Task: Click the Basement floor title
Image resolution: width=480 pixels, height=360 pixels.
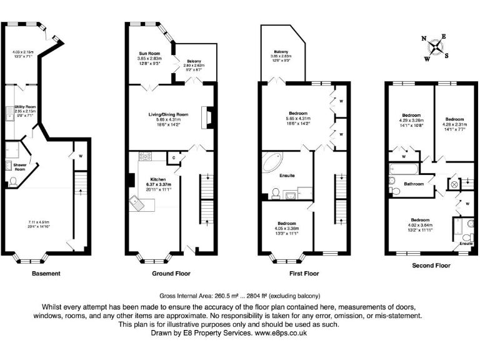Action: click(46, 273)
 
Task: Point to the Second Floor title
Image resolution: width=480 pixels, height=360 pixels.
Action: click(431, 266)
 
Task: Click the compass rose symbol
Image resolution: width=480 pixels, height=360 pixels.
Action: click(435, 47)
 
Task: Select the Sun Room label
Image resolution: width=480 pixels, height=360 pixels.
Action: click(149, 55)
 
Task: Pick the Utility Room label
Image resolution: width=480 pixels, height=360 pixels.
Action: click(26, 107)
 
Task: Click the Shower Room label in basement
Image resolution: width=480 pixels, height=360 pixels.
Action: click(19, 167)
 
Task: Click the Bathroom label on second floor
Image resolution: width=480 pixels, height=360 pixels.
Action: click(414, 184)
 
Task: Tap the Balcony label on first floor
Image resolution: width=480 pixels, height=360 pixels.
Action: click(280, 51)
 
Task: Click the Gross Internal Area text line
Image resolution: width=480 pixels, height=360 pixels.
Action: click(239, 296)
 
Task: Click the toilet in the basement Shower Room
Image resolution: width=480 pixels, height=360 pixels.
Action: click(13, 182)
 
